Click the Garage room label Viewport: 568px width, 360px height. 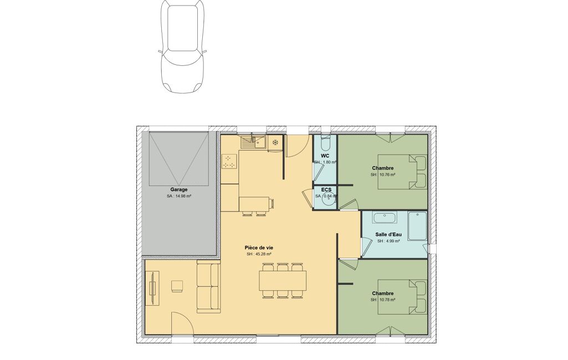point(179,189)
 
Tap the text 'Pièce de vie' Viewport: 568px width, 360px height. point(259,248)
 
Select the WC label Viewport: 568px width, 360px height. point(325,156)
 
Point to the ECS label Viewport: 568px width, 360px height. point(326,190)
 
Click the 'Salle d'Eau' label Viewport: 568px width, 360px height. point(388,234)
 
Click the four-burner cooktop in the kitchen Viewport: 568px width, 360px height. point(229,162)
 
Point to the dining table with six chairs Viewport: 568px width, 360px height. point(283,281)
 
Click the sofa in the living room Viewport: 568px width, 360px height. point(208,288)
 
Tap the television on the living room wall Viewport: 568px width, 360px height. point(153,288)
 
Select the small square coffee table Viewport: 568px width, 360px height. point(177,286)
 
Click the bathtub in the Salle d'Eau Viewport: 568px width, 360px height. point(385,218)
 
